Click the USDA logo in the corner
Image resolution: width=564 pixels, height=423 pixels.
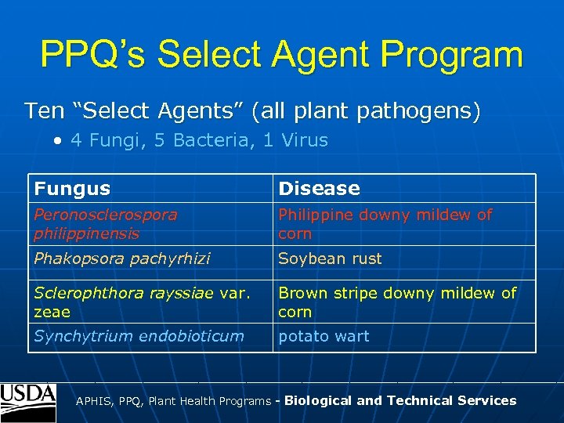[x=28, y=402]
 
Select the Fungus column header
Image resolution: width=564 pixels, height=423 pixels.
[x=72, y=188]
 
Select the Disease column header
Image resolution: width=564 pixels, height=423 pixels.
[x=320, y=188]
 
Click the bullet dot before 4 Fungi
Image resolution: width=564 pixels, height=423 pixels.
[x=59, y=141]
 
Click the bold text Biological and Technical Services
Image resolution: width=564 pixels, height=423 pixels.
[x=400, y=400]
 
